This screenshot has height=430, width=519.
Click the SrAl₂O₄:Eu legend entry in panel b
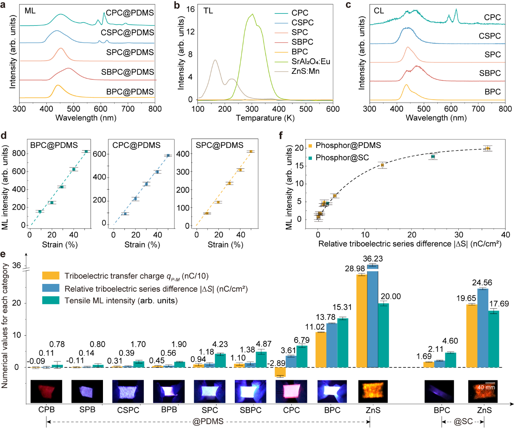311,61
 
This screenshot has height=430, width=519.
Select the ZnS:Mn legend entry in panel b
305,71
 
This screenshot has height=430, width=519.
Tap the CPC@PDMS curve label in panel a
130,13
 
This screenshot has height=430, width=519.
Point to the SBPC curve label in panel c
490,73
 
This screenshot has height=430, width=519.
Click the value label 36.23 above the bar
373,259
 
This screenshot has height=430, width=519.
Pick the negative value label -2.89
276,363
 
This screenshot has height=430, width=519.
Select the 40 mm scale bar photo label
486,387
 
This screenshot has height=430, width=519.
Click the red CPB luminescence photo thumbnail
46,391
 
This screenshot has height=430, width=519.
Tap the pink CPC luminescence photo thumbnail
291,391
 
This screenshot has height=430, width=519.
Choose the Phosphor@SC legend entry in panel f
342,158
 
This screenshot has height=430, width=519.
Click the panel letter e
3,254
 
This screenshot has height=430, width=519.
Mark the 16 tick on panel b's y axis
191,9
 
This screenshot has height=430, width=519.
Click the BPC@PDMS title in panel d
54,145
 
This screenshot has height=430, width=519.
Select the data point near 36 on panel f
487,148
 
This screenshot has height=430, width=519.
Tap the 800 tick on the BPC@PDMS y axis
19,153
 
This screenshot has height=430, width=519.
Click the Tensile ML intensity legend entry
121,300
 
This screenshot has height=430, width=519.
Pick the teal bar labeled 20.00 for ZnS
383,335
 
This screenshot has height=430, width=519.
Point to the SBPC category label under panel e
251,410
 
